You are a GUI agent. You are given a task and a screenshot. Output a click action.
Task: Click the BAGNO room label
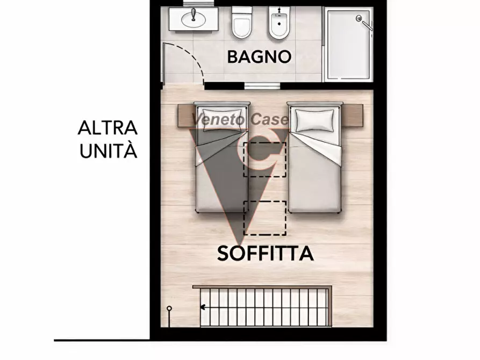click(259, 56)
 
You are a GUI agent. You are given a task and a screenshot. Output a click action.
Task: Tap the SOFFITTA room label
click(265, 253)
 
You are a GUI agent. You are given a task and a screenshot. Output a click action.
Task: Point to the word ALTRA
click(108, 128)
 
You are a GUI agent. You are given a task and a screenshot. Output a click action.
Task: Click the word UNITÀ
click(109, 151)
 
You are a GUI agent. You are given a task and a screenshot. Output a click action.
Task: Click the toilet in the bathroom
click(242, 24)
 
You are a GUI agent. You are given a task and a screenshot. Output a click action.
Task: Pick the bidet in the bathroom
click(280, 24)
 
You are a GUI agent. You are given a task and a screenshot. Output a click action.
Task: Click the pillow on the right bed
click(315, 119)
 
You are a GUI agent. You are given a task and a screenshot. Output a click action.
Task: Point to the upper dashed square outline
click(264, 160)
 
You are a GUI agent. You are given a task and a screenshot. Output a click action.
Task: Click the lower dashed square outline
click(264, 218)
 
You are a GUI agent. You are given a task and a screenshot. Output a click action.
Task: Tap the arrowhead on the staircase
click(203, 308)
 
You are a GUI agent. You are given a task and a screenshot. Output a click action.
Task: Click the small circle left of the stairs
click(169, 309)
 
